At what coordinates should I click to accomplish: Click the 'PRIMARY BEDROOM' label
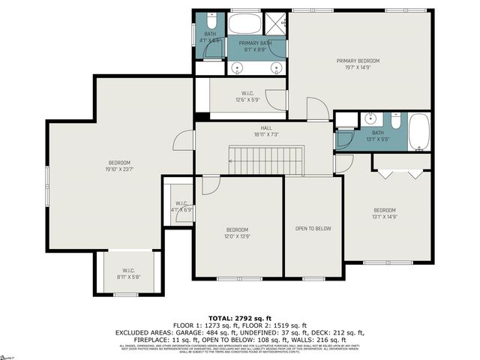click(x=358, y=61)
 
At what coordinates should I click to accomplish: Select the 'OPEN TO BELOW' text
click(x=313, y=229)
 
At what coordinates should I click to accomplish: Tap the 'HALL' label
click(x=266, y=127)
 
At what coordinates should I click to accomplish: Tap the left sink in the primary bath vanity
click(x=239, y=67)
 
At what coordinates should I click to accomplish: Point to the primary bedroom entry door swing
click(x=317, y=110)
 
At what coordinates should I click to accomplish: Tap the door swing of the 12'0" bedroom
click(x=211, y=184)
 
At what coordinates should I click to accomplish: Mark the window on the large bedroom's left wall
click(x=47, y=184)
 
